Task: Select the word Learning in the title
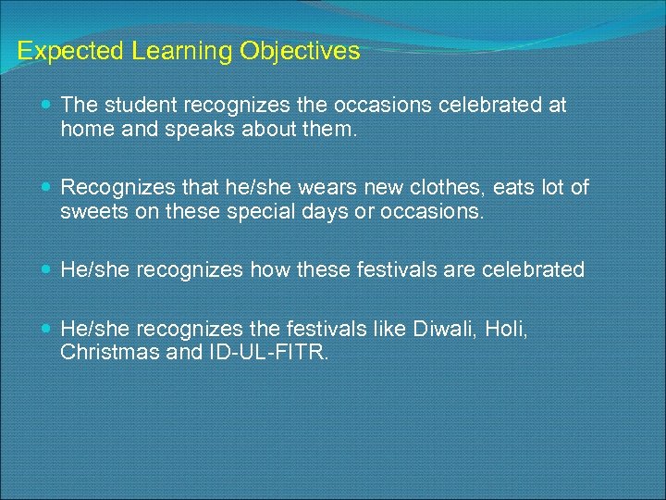[x=172, y=51]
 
